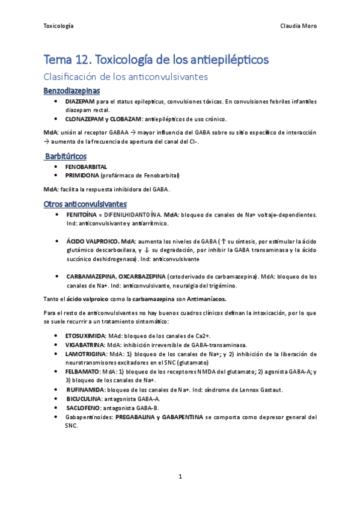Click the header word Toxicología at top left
[x=59, y=26]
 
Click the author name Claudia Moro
[x=299, y=26]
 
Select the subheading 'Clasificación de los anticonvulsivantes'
[x=126, y=77]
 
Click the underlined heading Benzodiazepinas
[x=72, y=91]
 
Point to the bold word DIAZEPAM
[x=80, y=102]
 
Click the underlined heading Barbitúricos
[x=66, y=156]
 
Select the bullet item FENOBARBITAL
[x=87, y=167]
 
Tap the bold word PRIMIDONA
[x=82, y=175]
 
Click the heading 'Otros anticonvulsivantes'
[x=85, y=204]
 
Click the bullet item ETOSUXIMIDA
[x=85, y=336]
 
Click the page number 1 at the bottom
[x=180, y=476]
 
